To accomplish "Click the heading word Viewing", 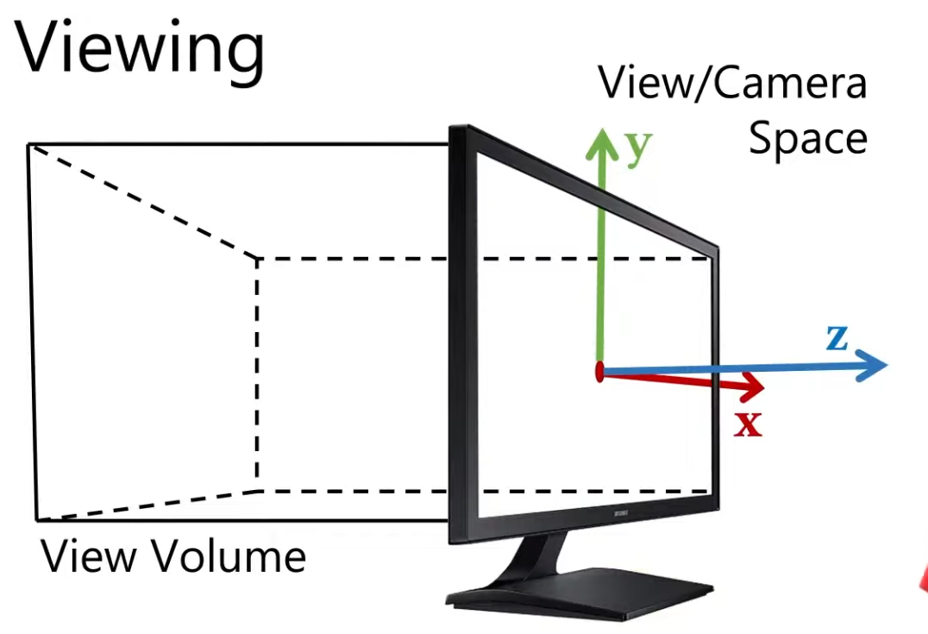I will (140, 50).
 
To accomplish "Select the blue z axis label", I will (836, 338).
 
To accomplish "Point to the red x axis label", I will (748, 424).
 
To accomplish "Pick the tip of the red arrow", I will (763, 386).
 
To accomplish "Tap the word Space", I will (807, 138).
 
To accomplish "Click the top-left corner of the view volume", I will (28, 145).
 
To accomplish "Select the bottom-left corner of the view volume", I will (36, 520).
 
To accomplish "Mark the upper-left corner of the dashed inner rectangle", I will (256, 257).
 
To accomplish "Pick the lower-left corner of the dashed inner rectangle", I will (257, 490).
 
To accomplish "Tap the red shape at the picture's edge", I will (922, 582).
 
